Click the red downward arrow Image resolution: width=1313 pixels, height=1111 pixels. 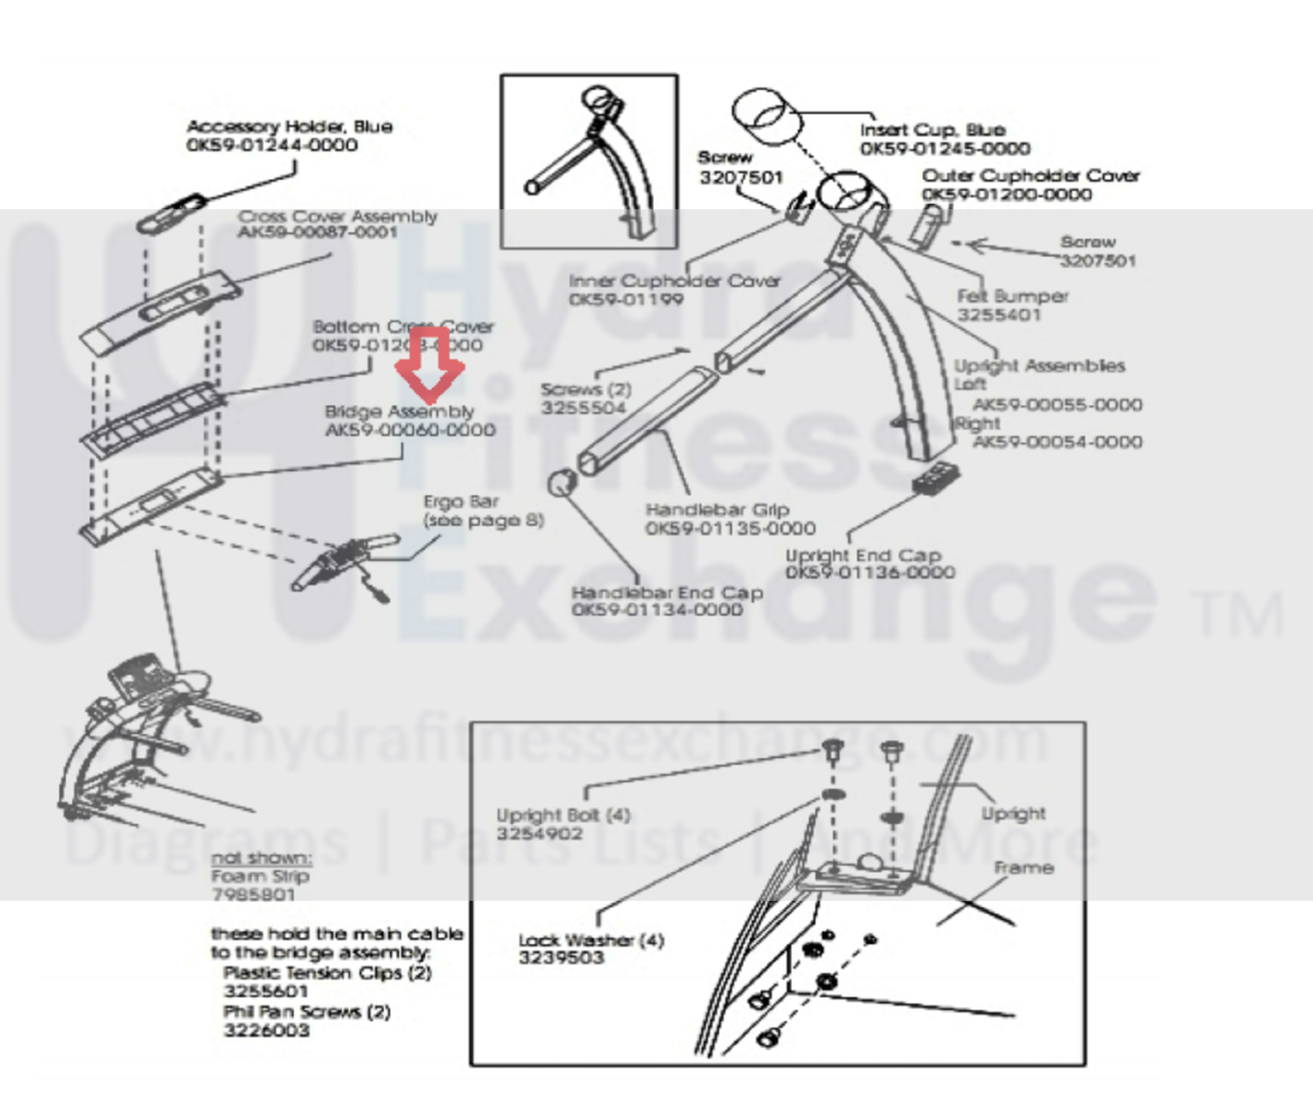429,367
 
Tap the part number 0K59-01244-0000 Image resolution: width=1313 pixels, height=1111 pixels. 272,145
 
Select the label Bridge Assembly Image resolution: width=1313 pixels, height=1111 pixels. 399,411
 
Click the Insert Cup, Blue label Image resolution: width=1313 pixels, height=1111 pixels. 932,130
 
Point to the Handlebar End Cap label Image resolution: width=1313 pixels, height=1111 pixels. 667,592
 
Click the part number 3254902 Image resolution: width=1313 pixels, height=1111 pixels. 539,834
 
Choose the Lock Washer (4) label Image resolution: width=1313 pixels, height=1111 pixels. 591,940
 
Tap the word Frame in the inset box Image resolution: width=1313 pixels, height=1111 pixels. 1024,868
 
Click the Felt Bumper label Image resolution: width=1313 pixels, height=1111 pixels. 1012,297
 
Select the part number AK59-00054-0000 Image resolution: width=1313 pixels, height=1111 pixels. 1057,442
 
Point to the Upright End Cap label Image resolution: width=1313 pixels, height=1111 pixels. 862,555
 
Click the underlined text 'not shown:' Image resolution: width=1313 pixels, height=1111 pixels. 261,858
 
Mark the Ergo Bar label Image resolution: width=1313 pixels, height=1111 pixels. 461,501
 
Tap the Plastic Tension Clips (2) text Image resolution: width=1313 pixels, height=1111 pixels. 327,973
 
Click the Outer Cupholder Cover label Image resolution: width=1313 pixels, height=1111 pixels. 1030,176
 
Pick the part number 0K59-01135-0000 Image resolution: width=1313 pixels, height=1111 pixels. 730,528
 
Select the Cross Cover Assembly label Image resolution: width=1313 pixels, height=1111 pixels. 337,217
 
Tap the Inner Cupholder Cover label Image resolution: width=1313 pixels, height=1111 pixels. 674,281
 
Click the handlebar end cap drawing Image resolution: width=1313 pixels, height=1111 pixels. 562,484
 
